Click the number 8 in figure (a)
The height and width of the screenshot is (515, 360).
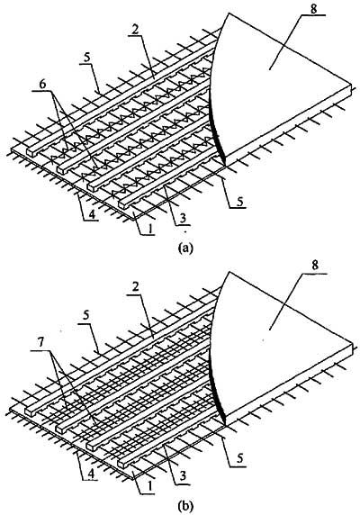(314, 8)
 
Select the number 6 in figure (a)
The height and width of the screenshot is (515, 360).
(42, 85)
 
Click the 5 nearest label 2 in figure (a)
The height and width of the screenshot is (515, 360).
(85, 58)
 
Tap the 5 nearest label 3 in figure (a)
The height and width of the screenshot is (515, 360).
(240, 202)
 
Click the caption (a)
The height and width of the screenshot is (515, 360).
(183, 248)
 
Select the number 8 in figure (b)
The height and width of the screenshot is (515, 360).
(315, 266)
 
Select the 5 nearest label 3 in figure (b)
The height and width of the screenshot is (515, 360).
(240, 459)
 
